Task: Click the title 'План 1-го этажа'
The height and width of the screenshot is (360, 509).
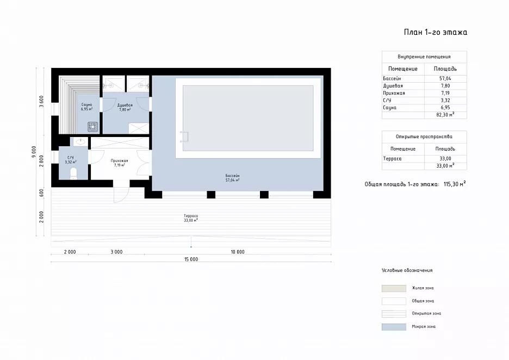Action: [435, 32]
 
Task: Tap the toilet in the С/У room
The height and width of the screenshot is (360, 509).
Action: [74, 173]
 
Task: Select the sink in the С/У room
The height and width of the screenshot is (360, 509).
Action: [80, 141]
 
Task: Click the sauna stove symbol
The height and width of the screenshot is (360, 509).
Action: [93, 127]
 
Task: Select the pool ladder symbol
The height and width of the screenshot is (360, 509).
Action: [184, 136]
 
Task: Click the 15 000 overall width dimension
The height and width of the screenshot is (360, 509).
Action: [191, 259]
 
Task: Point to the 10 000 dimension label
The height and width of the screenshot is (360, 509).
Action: [238, 252]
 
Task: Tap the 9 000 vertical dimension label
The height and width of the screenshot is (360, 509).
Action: [33, 152]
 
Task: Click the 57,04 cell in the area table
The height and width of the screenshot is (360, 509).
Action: [445, 78]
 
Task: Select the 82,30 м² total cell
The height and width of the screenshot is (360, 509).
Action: [445, 115]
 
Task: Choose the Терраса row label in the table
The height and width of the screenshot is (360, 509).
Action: [392, 159]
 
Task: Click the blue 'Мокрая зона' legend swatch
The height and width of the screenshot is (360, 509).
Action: [394, 327]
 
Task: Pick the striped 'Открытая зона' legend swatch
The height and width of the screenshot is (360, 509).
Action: [394, 314]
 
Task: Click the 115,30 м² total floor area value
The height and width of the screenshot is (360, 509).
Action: [455, 184]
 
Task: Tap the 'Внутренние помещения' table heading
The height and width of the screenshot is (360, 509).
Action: [424, 57]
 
